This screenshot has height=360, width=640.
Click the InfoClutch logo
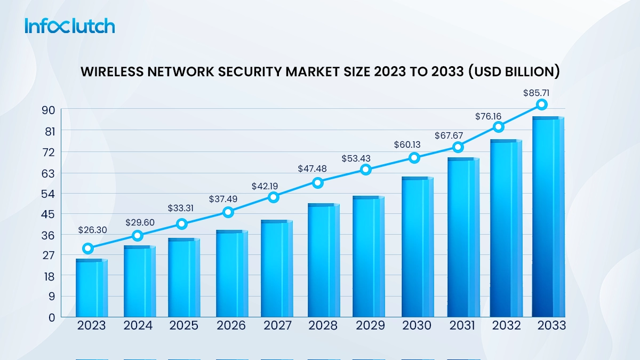tap(69, 26)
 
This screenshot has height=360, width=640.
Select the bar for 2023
tap(91, 288)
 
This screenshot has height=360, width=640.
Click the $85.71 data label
tap(542, 93)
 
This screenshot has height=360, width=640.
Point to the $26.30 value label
tap(92, 230)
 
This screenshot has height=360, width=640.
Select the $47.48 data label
tap(312, 169)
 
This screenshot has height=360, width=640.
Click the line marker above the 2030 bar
tap(414, 157)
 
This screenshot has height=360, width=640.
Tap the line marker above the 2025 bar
tap(182, 224)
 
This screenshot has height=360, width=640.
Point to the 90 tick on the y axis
tap(49, 110)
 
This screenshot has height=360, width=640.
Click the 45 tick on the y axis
tap(49, 214)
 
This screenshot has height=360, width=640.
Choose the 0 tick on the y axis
tap(51, 317)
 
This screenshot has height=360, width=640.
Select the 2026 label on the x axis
tap(231, 325)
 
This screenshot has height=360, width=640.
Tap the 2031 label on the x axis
tap(461, 325)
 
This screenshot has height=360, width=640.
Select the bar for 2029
tap(368, 256)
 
